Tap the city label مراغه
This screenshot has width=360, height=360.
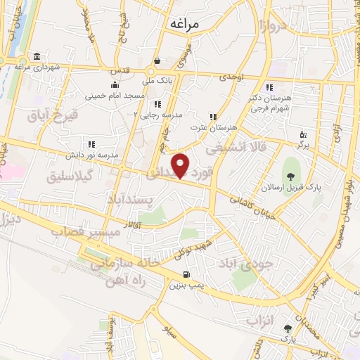tap(185, 24)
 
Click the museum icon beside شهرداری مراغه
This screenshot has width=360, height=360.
tap(36, 57)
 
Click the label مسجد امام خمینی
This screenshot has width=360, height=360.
tap(115, 95)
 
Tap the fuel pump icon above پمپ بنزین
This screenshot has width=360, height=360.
tap(186, 274)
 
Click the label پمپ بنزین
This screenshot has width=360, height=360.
tap(186, 285)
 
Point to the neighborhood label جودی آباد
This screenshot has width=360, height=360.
tap(261, 267)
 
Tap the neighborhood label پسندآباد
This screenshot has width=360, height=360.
tap(134, 200)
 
